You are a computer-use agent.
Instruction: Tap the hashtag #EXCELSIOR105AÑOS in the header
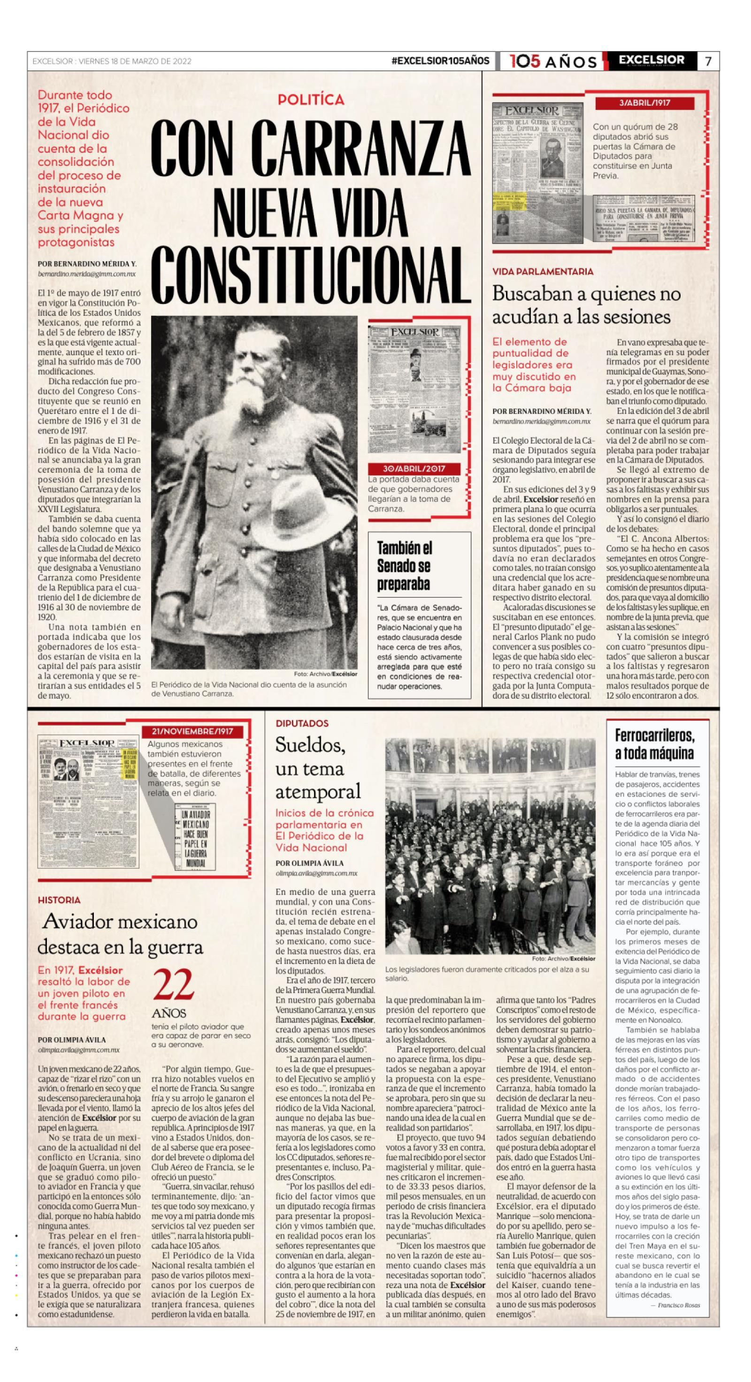(x=441, y=61)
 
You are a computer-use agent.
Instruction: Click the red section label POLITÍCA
(x=311, y=100)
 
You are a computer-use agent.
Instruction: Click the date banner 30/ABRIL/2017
(x=414, y=468)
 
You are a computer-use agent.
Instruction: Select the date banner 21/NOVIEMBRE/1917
(x=192, y=732)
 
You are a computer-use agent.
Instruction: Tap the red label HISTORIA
(x=59, y=900)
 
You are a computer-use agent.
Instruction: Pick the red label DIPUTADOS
(x=302, y=724)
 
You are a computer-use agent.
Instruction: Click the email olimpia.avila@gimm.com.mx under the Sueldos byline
(x=316, y=874)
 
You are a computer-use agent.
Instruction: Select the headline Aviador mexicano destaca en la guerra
(x=121, y=935)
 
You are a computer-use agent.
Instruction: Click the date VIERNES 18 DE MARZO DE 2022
(x=135, y=61)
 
